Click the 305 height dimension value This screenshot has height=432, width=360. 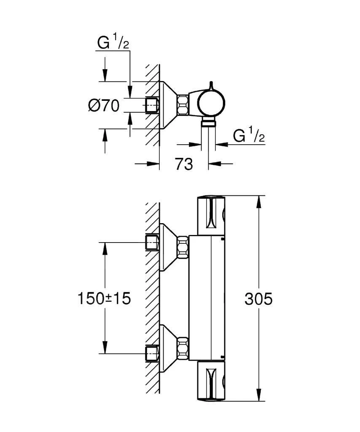(258, 299)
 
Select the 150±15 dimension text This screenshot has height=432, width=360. (104, 299)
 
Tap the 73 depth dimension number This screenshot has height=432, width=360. (183, 164)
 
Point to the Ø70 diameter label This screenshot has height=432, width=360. (104, 105)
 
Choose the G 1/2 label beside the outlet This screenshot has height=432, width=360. (249, 136)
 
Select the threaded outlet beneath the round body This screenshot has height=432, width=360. (209, 123)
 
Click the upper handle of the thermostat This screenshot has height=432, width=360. (211, 216)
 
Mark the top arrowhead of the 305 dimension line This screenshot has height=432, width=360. (258, 201)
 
